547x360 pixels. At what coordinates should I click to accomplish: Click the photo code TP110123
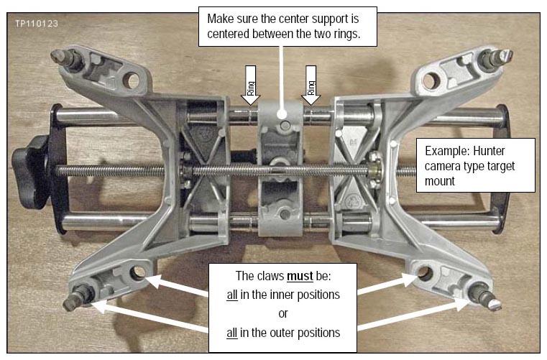click(37, 24)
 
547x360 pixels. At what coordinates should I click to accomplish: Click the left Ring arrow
click(250, 85)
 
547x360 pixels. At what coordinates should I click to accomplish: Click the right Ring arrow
click(311, 85)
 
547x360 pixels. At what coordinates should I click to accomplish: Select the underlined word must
click(300, 276)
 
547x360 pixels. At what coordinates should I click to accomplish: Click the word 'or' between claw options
click(283, 313)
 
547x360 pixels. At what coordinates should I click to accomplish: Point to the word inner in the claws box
click(265, 295)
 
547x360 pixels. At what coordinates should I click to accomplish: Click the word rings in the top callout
click(346, 34)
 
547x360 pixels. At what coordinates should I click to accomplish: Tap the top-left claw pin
click(66, 58)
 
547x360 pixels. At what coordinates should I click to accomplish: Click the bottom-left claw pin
click(78, 297)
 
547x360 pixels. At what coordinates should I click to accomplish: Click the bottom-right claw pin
click(484, 297)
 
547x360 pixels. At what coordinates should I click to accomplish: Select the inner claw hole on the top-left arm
click(132, 80)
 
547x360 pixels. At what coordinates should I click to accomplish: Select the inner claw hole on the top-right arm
click(431, 80)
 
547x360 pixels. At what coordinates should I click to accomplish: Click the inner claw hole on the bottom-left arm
click(138, 273)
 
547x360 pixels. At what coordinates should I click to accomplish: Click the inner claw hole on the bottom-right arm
click(424, 273)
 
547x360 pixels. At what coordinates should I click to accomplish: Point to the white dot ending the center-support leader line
click(282, 114)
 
